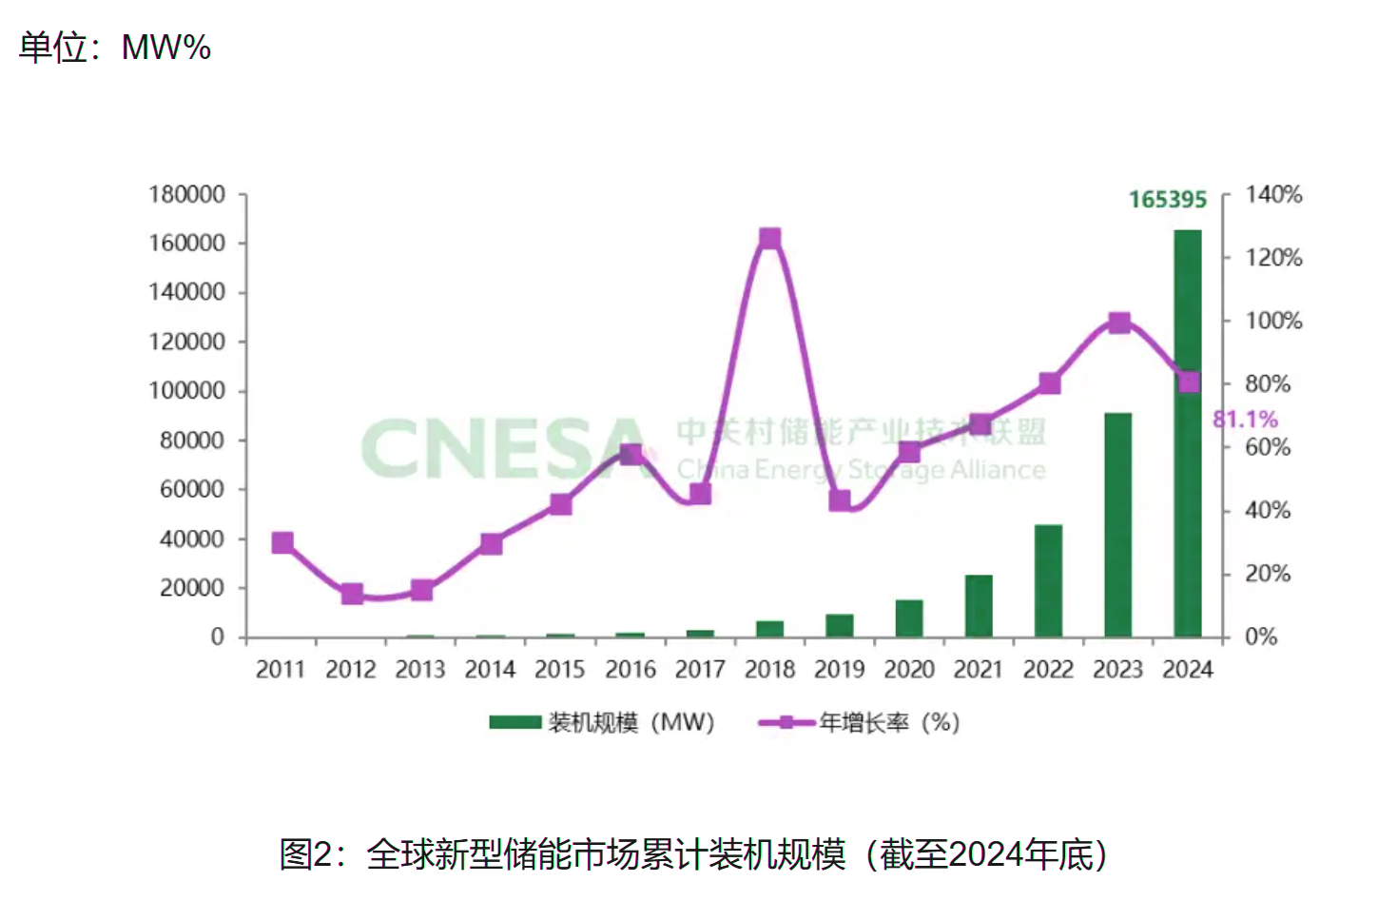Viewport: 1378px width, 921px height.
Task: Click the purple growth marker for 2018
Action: click(770, 238)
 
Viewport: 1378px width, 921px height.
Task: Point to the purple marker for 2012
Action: click(352, 594)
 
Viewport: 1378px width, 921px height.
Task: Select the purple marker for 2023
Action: click(1119, 323)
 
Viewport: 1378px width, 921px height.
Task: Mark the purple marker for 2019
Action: click(840, 500)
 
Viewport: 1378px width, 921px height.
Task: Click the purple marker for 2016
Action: click(631, 454)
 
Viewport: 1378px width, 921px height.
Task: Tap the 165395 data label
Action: click(1167, 200)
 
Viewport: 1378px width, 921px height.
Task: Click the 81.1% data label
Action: click(1245, 420)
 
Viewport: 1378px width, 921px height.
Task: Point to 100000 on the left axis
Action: click(186, 391)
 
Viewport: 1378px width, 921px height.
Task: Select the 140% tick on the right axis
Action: click(1273, 195)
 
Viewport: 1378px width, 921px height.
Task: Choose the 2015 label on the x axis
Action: click(559, 670)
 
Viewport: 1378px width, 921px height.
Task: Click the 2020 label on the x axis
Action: click(909, 670)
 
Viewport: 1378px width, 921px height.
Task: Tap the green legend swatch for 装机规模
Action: click(514, 722)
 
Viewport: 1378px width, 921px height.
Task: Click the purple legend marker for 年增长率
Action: click(786, 722)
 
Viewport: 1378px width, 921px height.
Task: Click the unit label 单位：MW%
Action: click(114, 47)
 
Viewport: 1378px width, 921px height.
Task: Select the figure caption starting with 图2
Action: click(692, 853)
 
